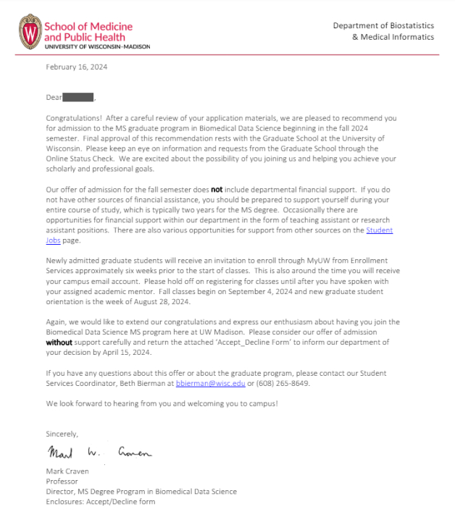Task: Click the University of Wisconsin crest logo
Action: coord(30,31)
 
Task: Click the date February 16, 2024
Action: coord(77,67)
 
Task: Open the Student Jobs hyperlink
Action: coord(380,230)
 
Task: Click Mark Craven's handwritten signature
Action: coord(99,453)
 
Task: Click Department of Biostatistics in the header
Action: coord(383,25)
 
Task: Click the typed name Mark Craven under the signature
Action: coord(67,471)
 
